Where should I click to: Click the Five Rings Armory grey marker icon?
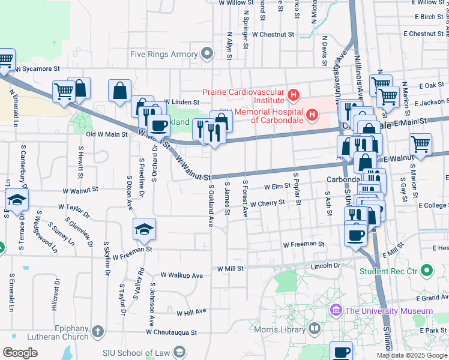208,55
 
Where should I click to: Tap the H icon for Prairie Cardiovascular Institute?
293,94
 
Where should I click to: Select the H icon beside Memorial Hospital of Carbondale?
312,114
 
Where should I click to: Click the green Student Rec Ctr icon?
427,271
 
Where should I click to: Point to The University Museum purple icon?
335,311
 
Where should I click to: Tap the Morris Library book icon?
314,328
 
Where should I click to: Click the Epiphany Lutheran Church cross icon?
98,331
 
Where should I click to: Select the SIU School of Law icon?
178,352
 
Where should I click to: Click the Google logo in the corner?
20,353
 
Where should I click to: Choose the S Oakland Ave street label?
211,205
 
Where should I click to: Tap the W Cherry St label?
267,204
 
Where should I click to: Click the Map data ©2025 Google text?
412,355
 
